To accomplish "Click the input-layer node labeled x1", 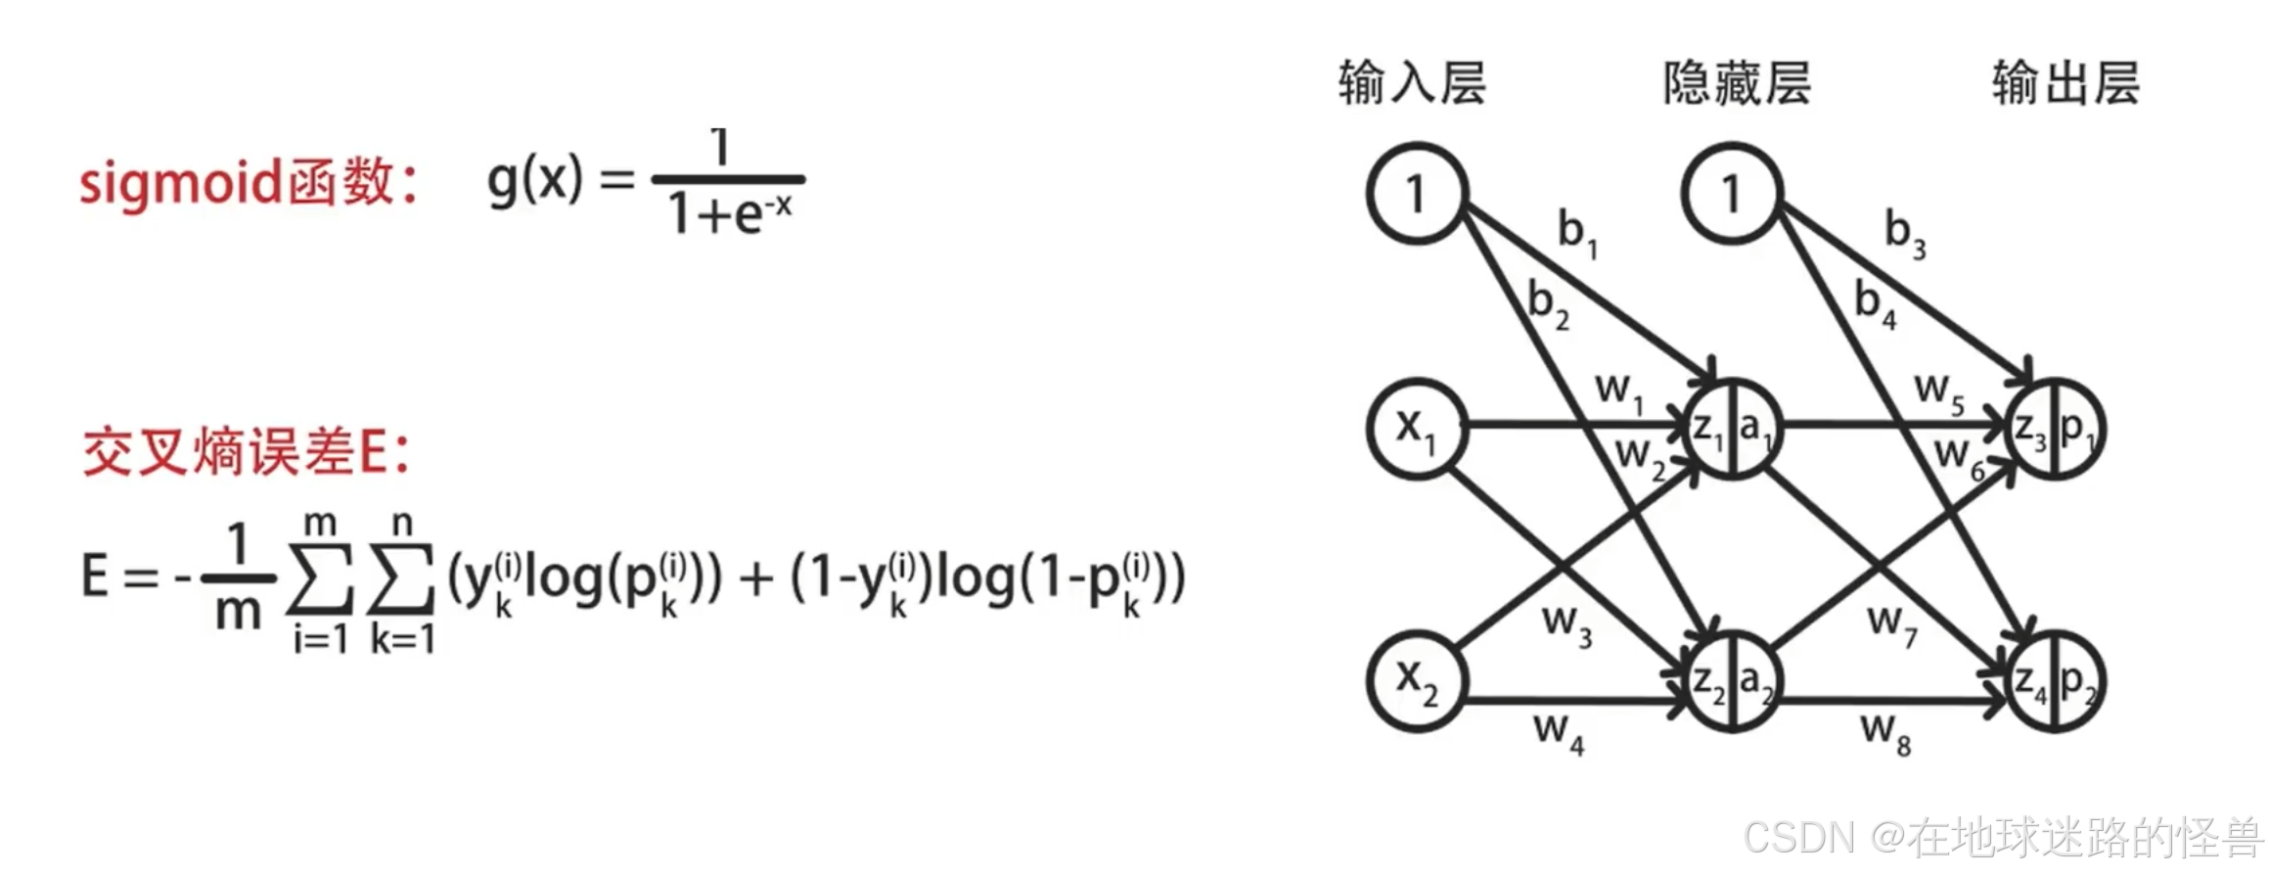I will point(1416,429).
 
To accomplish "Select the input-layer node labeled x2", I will point(1416,681).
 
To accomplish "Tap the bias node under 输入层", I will point(1416,193).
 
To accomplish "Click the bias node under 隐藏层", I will point(1731,193).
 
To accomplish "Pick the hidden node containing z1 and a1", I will point(1732,429).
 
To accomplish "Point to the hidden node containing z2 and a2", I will point(1732,681).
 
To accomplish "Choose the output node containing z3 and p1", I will point(2054,429).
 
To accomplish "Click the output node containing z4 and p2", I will point(2054,681).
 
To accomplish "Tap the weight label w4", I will point(1558,732).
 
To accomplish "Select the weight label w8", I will point(1884,732).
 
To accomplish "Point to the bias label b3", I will point(1904,233).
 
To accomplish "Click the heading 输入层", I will point(1412,82).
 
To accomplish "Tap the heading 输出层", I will point(2065,82).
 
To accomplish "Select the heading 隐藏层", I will point(1737,82).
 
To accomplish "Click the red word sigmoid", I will point(180,184).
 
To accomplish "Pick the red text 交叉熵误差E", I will point(245,453).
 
